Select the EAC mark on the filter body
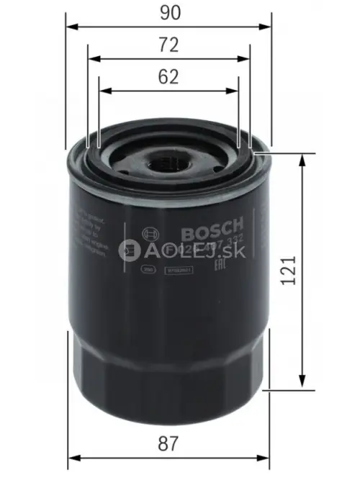[231, 265]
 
